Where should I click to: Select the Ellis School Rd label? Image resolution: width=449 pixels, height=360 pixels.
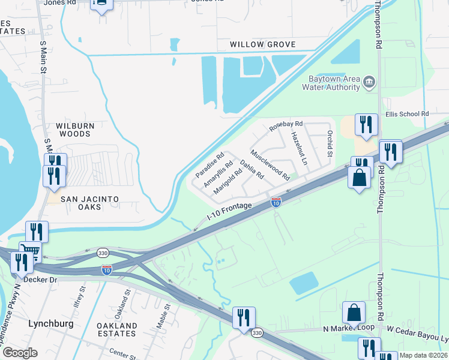tap(408, 113)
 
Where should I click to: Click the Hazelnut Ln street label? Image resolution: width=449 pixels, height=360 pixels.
tap(299, 148)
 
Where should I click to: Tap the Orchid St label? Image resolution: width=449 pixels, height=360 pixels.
tap(329, 144)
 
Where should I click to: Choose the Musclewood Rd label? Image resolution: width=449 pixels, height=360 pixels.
tap(270, 165)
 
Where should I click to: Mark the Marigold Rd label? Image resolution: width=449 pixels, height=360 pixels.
tap(228, 180)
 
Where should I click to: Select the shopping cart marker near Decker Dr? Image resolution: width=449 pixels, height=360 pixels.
tap(29, 251)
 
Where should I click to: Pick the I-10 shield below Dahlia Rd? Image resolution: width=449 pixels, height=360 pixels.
tap(276, 202)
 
